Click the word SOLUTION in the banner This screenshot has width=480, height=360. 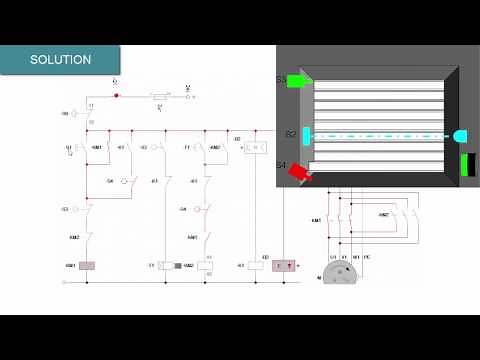tap(60, 60)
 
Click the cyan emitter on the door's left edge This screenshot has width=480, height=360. tap(308, 134)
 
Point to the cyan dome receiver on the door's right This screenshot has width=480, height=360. tap(460, 135)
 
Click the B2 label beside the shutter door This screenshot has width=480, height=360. tap(290, 134)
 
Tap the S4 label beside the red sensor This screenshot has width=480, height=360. tap(282, 165)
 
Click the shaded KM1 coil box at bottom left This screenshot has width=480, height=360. tap(86, 266)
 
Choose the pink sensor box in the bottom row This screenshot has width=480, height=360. tap(286, 266)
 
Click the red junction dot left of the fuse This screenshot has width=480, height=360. tap(116, 97)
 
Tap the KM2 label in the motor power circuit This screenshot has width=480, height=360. tap(384, 215)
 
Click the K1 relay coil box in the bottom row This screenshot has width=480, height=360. tap(254, 266)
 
